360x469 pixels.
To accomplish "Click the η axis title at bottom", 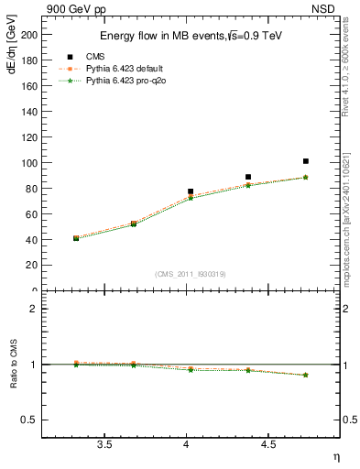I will coord(334,455).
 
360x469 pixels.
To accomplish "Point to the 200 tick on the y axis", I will coord(28,34).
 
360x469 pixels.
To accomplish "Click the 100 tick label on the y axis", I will coord(28,163).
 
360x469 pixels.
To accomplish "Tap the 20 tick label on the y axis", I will coord(31,266).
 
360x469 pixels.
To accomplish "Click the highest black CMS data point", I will coord(305,161).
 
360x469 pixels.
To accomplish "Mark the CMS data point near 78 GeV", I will coord(191,191).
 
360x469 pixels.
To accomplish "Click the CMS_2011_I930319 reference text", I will coord(190,274).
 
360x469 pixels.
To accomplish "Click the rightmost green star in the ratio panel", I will coord(305,375).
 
